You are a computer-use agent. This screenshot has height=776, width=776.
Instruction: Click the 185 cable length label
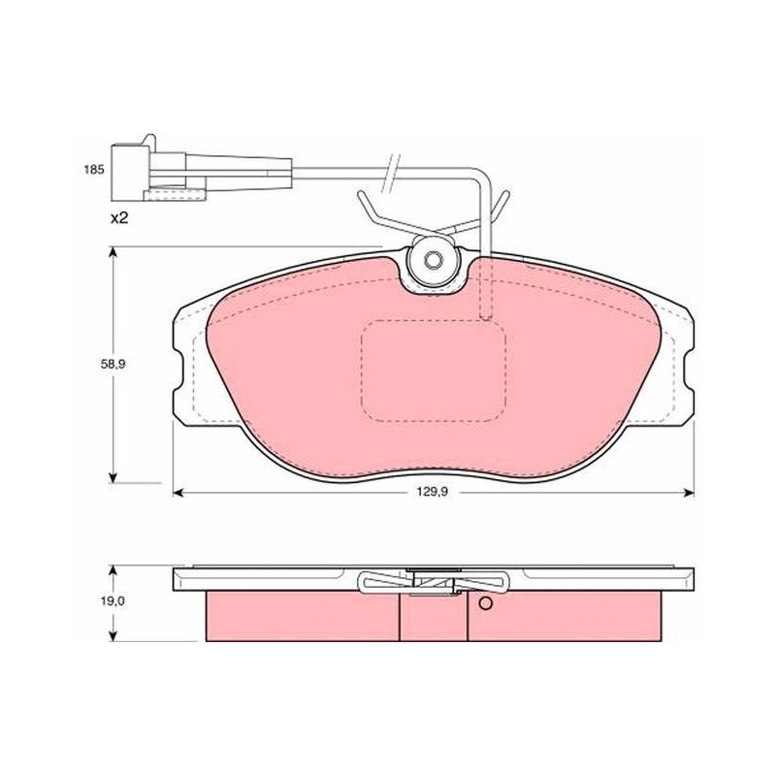pyautogui.click(x=93, y=170)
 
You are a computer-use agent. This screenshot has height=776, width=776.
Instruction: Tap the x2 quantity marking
pyautogui.click(x=118, y=217)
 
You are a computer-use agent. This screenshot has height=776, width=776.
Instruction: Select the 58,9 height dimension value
pyautogui.click(x=113, y=365)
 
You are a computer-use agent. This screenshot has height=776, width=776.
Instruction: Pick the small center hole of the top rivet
pyautogui.click(x=434, y=259)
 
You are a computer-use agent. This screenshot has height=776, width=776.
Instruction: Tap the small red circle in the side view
pyautogui.click(x=486, y=603)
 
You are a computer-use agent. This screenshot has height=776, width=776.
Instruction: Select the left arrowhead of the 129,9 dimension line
pyautogui.click(x=178, y=492)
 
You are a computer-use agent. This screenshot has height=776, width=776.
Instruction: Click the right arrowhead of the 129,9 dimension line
pyautogui.click(x=689, y=492)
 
